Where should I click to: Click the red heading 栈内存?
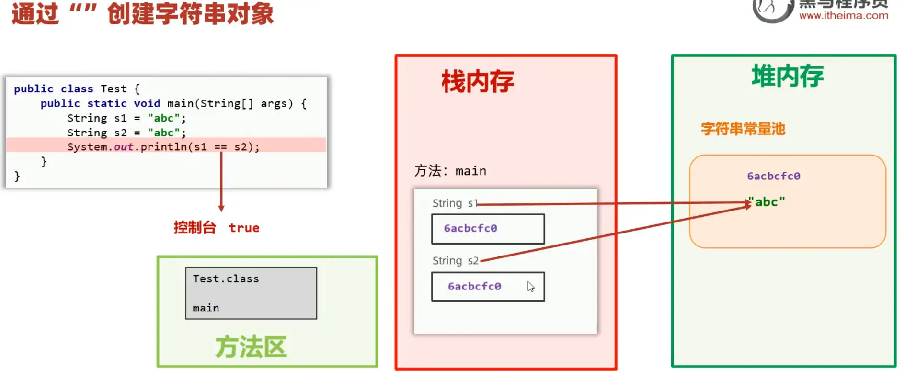click(x=477, y=81)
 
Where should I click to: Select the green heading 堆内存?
click(x=787, y=76)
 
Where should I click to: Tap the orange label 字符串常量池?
click(x=743, y=129)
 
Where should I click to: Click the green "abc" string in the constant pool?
click(x=767, y=202)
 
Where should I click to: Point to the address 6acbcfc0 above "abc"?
click(x=773, y=176)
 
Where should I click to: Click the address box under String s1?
click(x=488, y=229)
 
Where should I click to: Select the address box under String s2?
click(x=488, y=287)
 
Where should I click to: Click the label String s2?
click(x=455, y=261)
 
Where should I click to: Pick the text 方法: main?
click(x=450, y=171)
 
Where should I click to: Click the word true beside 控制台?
click(x=244, y=228)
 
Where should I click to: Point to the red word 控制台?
click(x=195, y=228)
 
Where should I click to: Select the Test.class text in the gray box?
click(x=226, y=278)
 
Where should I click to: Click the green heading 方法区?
click(x=251, y=347)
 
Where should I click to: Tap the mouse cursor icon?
click(x=530, y=286)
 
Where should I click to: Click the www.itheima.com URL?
click(x=843, y=15)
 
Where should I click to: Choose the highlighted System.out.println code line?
click(x=163, y=147)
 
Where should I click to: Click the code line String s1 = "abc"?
click(x=126, y=118)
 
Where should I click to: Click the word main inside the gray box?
click(x=206, y=308)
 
